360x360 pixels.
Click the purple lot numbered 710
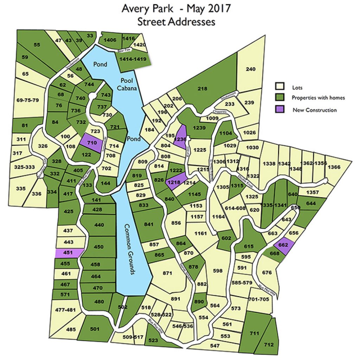(x=92, y=143)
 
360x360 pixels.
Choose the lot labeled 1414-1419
(x=133, y=59)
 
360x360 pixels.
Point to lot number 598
(x=218, y=270)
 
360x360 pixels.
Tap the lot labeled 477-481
(x=66, y=310)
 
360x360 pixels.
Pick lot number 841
(x=149, y=224)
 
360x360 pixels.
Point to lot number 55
(x=37, y=45)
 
